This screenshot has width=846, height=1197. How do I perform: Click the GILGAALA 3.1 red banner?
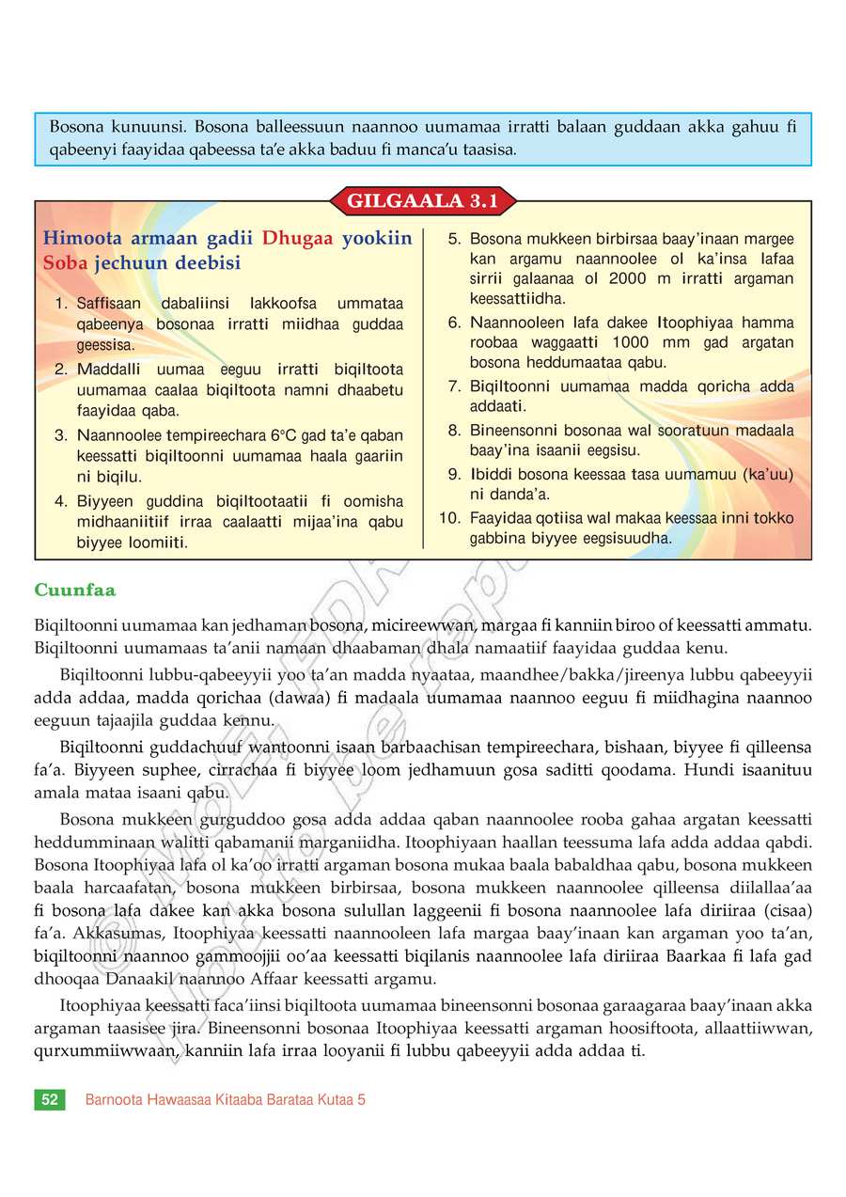(x=423, y=201)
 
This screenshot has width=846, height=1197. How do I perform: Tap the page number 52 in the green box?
(x=50, y=1099)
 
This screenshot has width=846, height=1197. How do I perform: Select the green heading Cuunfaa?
(x=74, y=590)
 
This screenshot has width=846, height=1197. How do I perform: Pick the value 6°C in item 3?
(x=284, y=435)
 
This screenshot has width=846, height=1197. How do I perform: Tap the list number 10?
(x=450, y=518)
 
